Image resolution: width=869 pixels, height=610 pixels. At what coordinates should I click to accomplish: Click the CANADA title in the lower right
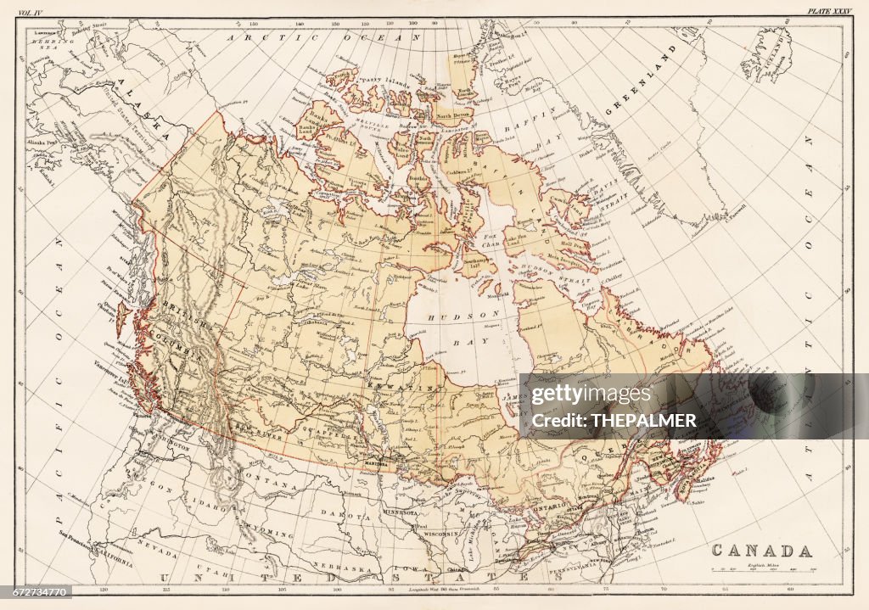(760, 551)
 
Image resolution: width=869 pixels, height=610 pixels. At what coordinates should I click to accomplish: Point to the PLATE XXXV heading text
(829, 11)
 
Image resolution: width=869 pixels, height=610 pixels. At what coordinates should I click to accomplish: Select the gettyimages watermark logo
(591, 395)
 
